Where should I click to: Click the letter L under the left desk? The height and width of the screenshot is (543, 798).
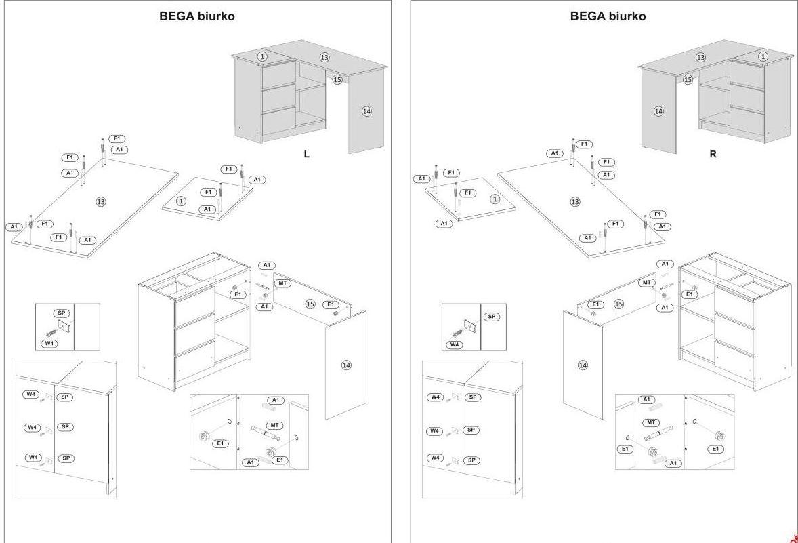306,155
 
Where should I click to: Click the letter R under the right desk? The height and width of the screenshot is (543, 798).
713,154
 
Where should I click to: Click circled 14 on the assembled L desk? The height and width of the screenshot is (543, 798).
366,111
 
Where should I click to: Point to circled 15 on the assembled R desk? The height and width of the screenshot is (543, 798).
688,80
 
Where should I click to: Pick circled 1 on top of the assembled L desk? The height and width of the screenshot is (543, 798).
262,56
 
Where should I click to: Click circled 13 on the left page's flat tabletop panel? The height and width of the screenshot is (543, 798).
101,201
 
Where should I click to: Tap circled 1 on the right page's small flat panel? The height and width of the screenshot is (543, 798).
495,199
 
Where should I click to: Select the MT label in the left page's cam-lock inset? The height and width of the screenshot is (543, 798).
274,425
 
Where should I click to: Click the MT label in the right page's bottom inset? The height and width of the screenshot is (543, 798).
650,422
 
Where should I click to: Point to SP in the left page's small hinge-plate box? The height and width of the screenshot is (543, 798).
62,313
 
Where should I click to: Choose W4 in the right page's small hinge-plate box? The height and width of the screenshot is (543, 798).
455,344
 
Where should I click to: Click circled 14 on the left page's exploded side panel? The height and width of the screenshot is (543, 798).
346,365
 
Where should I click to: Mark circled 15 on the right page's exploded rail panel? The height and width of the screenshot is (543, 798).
618,304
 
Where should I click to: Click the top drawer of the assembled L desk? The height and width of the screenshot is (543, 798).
278,73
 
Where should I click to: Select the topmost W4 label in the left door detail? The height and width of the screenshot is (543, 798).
31,394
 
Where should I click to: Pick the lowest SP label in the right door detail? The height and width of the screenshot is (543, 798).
472,460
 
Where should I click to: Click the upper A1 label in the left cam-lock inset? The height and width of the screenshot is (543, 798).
275,400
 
